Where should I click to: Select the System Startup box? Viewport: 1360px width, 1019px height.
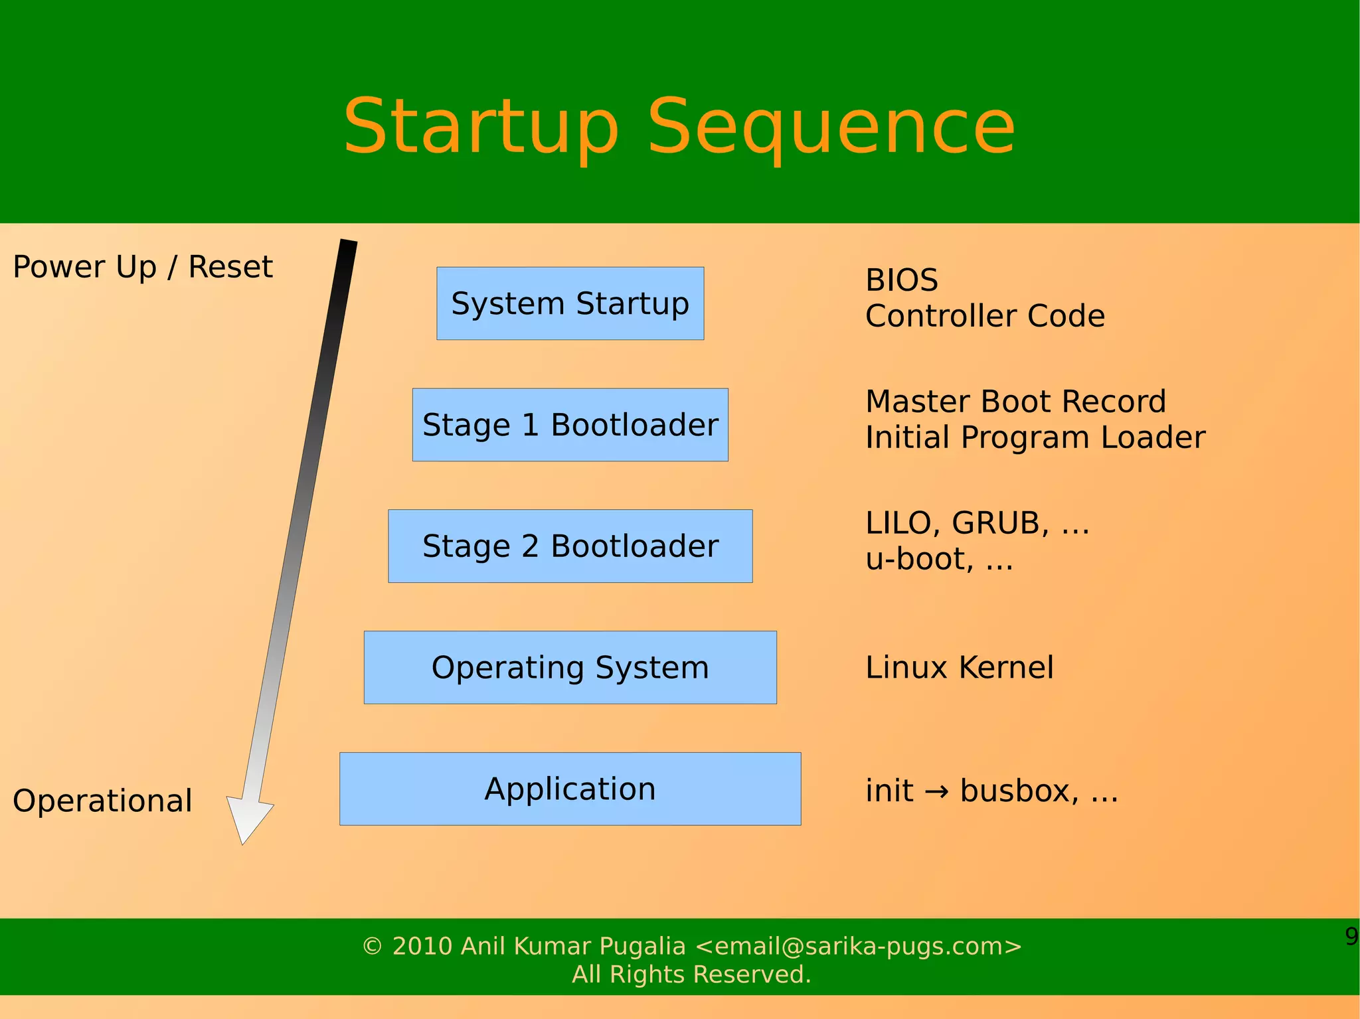[x=570, y=303]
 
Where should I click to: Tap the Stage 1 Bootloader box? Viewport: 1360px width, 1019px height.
[x=570, y=425]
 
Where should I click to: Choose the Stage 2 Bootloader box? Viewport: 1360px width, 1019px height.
[x=570, y=546]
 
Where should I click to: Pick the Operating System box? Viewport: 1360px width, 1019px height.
[x=570, y=667]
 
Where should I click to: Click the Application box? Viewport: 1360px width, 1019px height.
[x=570, y=789]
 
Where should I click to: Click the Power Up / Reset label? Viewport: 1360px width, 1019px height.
[x=143, y=267]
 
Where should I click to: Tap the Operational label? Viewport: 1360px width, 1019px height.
[x=102, y=801]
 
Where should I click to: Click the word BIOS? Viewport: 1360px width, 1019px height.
[x=901, y=280]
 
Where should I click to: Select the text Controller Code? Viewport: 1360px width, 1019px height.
[x=985, y=316]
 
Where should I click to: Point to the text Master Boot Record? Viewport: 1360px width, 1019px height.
[x=1015, y=402]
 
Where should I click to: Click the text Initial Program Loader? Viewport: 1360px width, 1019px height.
[x=1035, y=437]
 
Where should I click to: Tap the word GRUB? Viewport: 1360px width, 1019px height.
[x=1000, y=523]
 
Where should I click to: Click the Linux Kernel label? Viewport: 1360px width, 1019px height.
[x=959, y=667]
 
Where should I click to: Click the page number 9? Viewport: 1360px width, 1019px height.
[x=1351, y=936]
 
